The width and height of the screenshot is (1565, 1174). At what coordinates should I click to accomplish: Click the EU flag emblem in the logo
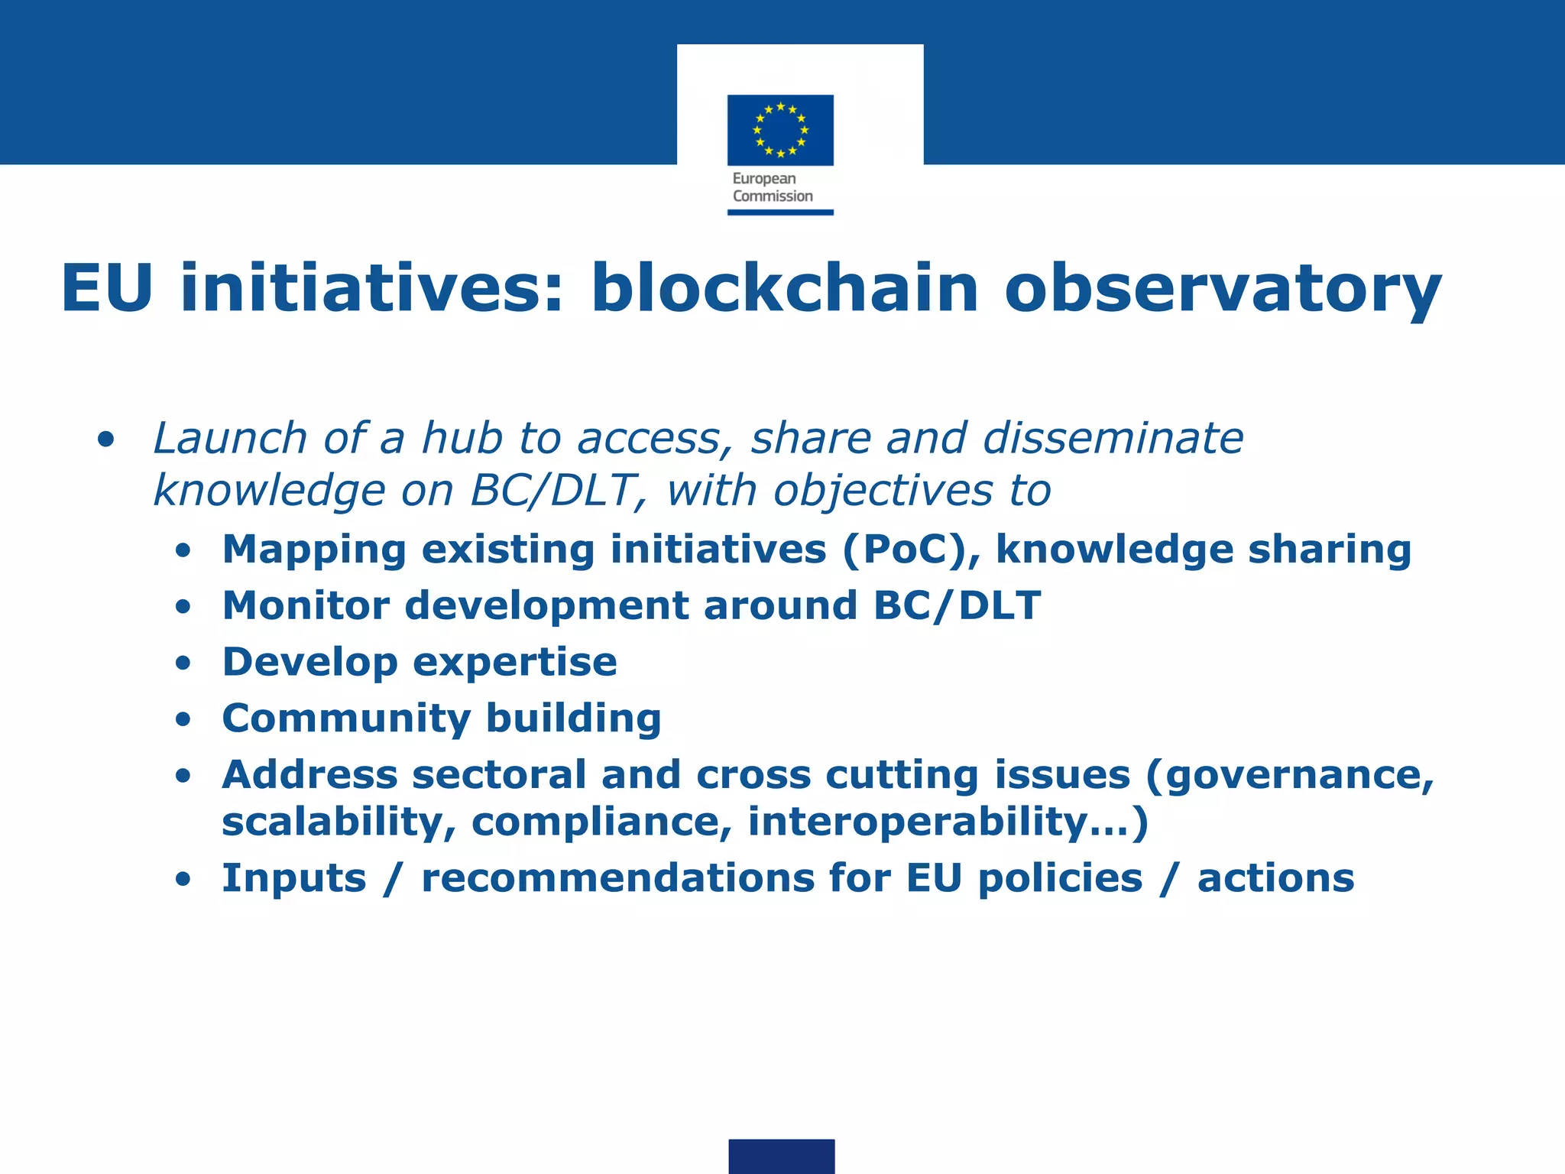click(780, 130)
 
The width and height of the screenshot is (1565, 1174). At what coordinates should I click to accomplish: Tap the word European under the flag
click(764, 179)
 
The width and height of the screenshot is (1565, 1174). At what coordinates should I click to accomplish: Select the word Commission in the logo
click(773, 196)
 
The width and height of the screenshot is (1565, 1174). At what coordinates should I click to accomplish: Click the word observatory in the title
click(1223, 289)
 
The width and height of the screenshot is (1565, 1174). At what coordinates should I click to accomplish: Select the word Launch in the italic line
click(230, 438)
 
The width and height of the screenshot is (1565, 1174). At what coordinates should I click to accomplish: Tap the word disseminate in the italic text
click(1113, 438)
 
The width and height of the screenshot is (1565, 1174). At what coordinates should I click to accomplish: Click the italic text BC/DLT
click(552, 490)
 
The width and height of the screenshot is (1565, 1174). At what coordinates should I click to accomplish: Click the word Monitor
click(306, 605)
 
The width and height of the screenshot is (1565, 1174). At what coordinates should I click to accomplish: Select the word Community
click(346, 718)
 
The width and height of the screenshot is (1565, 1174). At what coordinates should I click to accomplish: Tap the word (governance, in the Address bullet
click(1290, 775)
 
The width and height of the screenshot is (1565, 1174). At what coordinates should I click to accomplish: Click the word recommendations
click(617, 877)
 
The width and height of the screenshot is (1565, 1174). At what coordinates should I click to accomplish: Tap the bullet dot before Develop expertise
click(183, 663)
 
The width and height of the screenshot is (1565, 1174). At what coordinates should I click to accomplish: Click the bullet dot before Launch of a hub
click(106, 440)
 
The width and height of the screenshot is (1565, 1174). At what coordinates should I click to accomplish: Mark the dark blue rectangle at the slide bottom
click(781, 1156)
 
